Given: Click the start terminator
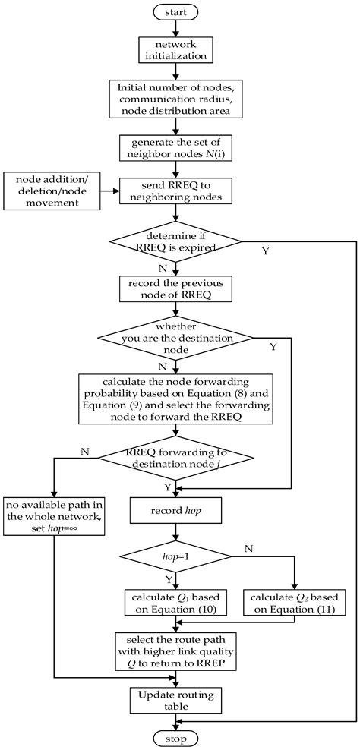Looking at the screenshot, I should (175, 11).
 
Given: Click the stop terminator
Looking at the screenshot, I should (175, 737).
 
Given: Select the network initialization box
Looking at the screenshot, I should (175, 49).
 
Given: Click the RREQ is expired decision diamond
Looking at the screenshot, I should (175, 242).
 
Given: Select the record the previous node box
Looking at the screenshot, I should (175, 289).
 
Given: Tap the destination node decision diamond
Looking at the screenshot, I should (175, 338).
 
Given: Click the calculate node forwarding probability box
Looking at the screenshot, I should (175, 395).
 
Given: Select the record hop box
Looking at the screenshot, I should (175, 512).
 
